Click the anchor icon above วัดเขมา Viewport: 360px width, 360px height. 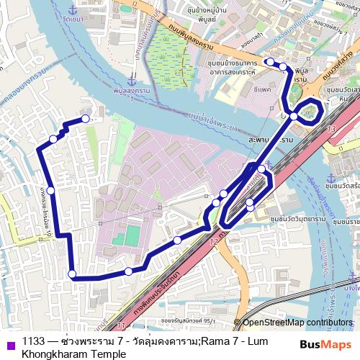coord(72,9)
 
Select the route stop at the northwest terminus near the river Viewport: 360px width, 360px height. coord(86,119)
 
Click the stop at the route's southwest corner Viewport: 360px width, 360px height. coord(71,273)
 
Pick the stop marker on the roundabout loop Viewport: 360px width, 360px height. coord(294,115)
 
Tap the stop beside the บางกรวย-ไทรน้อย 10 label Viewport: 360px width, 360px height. coord(50,190)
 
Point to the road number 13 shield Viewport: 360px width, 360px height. coord(330,127)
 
